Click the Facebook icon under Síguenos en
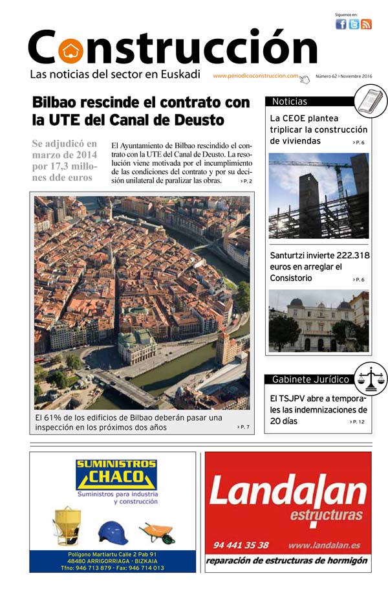(341, 25)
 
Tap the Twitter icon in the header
(354, 25)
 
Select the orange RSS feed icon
(366, 25)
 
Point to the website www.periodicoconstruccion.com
(255, 76)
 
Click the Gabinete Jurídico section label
(310, 379)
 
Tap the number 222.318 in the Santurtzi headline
(348, 256)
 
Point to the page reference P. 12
(358, 422)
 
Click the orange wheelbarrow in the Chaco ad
(157, 532)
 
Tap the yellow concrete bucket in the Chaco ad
(67, 526)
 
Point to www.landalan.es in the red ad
(329, 545)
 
